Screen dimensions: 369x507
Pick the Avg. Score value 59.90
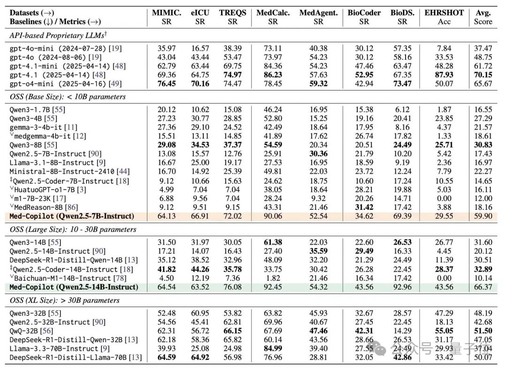[483, 216]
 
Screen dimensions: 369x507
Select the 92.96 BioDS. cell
[402, 287]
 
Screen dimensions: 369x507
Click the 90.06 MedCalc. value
[273, 216]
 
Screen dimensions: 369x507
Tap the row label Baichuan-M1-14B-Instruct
[63, 278]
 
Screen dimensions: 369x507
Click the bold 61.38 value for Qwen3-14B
[273, 242]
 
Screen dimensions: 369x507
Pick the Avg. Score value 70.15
[483, 75]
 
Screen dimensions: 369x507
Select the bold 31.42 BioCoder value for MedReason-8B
[364, 207]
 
